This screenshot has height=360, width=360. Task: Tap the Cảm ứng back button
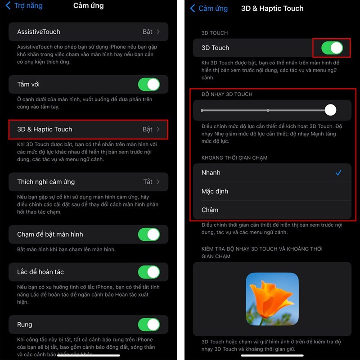(x=209, y=9)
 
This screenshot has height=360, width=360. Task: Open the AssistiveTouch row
(x=88, y=32)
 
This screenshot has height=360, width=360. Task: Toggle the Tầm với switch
(x=148, y=84)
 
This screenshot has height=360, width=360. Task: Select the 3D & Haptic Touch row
(x=88, y=129)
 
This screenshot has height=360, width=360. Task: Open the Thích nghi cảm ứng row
(x=88, y=182)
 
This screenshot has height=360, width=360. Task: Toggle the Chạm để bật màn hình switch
(x=148, y=234)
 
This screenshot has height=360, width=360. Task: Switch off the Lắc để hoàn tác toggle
(x=148, y=272)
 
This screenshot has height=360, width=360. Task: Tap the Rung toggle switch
(x=148, y=324)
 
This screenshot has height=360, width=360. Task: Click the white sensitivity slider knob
(x=330, y=110)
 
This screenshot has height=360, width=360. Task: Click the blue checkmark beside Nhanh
(x=338, y=173)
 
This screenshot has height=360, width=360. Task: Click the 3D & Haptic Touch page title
(x=272, y=9)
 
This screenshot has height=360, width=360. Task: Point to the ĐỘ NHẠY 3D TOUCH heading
(x=227, y=94)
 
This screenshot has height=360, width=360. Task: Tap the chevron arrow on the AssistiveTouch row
(x=158, y=32)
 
